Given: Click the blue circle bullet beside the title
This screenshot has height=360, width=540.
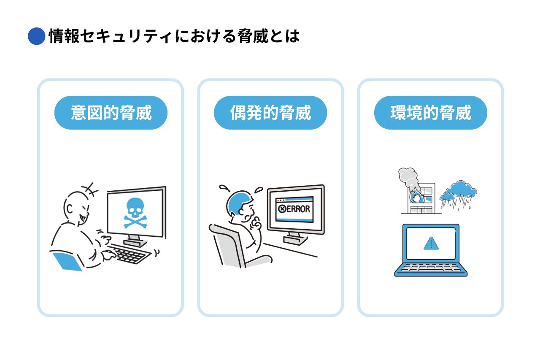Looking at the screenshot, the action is coord(36,36).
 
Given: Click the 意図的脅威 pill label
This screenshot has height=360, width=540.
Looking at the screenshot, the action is coord(111,113).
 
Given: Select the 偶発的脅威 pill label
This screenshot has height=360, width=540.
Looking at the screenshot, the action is coord(270,113).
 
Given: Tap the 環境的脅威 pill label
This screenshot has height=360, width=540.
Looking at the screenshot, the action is coord(431,113).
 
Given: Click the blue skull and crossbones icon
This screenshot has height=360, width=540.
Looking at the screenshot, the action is coord(135,213).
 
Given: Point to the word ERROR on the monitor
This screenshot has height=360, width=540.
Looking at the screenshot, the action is coord(298,209).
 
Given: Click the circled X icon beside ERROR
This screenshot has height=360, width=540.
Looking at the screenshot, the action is coord(282,209).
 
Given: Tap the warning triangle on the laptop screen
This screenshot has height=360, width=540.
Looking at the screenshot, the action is coord(431,243).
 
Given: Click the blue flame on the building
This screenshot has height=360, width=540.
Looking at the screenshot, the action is coord(416,197).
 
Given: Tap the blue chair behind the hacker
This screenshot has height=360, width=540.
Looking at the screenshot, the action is coord(67,261).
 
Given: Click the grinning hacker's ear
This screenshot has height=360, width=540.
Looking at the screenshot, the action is coord(70,208).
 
